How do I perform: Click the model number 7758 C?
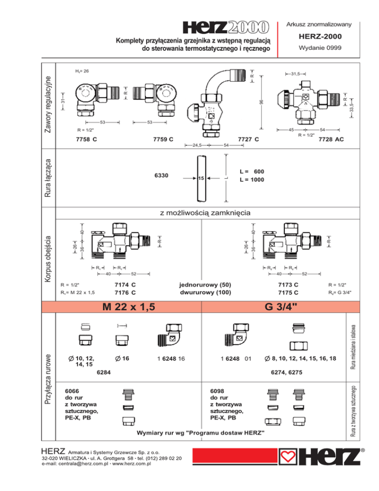[86, 139]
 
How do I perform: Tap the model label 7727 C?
[248, 139]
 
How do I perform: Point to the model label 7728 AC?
[331, 140]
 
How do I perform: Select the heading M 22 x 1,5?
[126, 307]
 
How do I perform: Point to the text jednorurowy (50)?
[206, 285]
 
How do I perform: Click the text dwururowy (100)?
[206, 293]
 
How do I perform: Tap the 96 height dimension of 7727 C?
[262, 101]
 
